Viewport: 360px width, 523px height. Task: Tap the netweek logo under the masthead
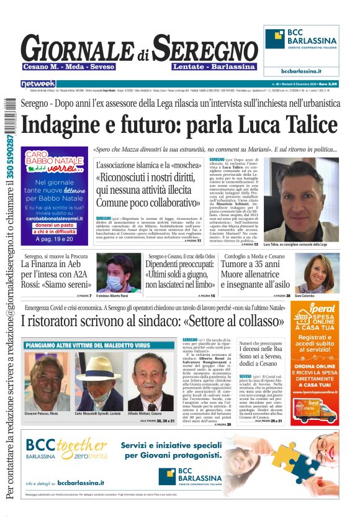[x=38, y=83]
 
